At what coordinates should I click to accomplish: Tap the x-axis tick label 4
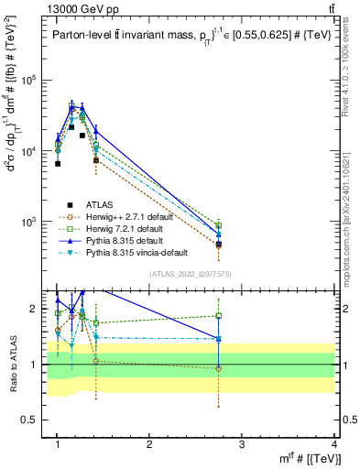pyautogui.click(x=334, y=444)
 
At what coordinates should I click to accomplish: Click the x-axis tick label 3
pyautogui.click(x=242, y=444)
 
